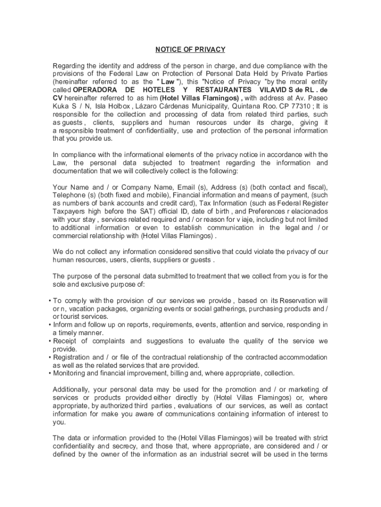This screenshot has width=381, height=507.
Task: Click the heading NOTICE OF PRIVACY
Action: (x=190, y=50)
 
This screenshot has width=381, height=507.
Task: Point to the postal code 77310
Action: (x=303, y=106)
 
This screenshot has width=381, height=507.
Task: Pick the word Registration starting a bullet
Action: (x=71, y=357)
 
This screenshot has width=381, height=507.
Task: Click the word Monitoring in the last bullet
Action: (x=70, y=373)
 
